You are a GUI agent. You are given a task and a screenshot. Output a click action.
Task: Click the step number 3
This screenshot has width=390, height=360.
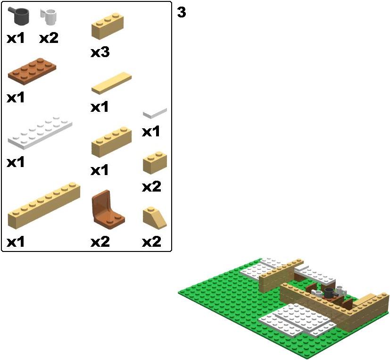point(181,12)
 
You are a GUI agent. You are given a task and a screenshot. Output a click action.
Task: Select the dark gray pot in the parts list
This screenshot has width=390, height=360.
point(19,16)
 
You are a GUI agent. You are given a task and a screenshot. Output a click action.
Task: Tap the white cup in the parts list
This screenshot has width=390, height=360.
point(49,17)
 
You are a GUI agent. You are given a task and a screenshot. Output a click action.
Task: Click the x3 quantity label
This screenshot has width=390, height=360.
point(100,52)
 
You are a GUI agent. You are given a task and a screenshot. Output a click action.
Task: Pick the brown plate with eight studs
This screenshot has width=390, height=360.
point(32,71)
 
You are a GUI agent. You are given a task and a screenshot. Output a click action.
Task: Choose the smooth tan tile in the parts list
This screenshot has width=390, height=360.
point(111,83)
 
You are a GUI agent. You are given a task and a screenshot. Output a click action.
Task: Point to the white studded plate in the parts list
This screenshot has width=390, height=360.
point(40,133)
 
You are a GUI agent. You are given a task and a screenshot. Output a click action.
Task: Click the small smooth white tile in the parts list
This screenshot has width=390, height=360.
point(155,113)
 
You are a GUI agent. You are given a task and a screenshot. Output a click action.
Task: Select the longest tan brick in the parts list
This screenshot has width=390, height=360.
point(44,206)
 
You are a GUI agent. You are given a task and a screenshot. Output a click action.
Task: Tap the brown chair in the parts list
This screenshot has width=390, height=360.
point(107,209)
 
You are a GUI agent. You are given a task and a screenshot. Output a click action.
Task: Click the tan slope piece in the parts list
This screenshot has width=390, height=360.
point(155,218)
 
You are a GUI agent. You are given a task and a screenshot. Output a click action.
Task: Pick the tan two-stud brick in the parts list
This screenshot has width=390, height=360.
point(155,162)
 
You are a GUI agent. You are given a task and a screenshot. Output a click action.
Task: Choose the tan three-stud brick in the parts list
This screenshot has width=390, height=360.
point(108,26)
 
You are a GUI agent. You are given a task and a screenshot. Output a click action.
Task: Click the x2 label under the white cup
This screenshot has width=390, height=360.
point(49,38)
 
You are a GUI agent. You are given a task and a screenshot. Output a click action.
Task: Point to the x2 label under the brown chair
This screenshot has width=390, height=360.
point(100,242)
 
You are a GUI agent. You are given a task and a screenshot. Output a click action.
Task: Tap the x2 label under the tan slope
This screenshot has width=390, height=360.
point(151,242)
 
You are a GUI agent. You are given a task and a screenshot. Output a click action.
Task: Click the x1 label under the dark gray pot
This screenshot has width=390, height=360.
point(16,38)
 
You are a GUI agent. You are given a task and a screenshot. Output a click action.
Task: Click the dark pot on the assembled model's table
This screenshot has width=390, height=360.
point(330,293)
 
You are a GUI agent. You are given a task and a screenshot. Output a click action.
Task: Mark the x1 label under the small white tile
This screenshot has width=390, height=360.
point(151,131)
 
